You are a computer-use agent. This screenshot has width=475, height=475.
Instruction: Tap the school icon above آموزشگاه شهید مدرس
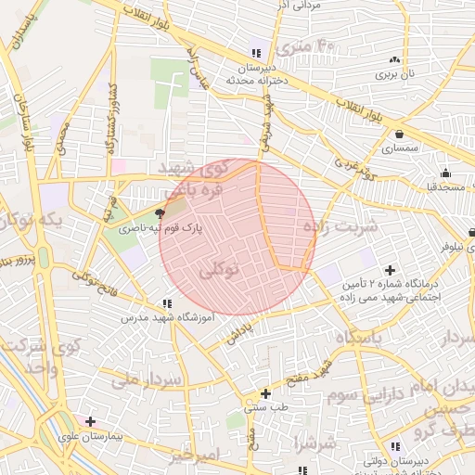click(x=167, y=303)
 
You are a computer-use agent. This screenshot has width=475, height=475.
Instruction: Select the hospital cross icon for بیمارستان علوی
click(x=90, y=421)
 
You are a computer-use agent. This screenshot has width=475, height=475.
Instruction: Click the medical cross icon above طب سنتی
click(x=266, y=393)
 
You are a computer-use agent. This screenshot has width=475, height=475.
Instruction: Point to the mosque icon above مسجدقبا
click(x=445, y=173)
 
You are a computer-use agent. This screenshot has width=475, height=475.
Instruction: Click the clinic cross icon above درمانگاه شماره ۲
click(x=390, y=269)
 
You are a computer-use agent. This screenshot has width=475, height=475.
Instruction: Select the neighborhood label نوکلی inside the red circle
click(x=219, y=270)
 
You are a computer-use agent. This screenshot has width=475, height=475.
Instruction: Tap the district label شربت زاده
click(x=341, y=225)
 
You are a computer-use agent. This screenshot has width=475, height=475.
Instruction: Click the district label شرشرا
click(x=315, y=443)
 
